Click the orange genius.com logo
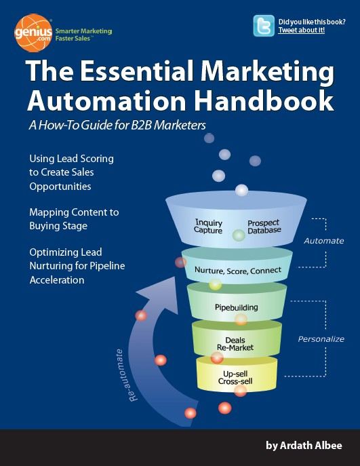tap(33, 33)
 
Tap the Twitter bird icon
tap(264, 26)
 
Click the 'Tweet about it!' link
tap(302, 31)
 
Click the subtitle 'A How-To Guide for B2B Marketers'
tap(117, 125)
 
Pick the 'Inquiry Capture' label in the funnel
tap(208, 227)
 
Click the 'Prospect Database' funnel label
tap(264, 227)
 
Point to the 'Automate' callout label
tap(324, 241)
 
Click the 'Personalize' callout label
tap(321, 339)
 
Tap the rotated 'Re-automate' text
tap(125, 375)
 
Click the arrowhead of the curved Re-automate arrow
tap(159, 294)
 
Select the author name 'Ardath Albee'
tap(311, 446)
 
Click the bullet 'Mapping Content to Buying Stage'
tap(74, 219)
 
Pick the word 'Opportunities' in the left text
tap(60, 187)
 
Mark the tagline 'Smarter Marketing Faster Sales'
tap(84, 35)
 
